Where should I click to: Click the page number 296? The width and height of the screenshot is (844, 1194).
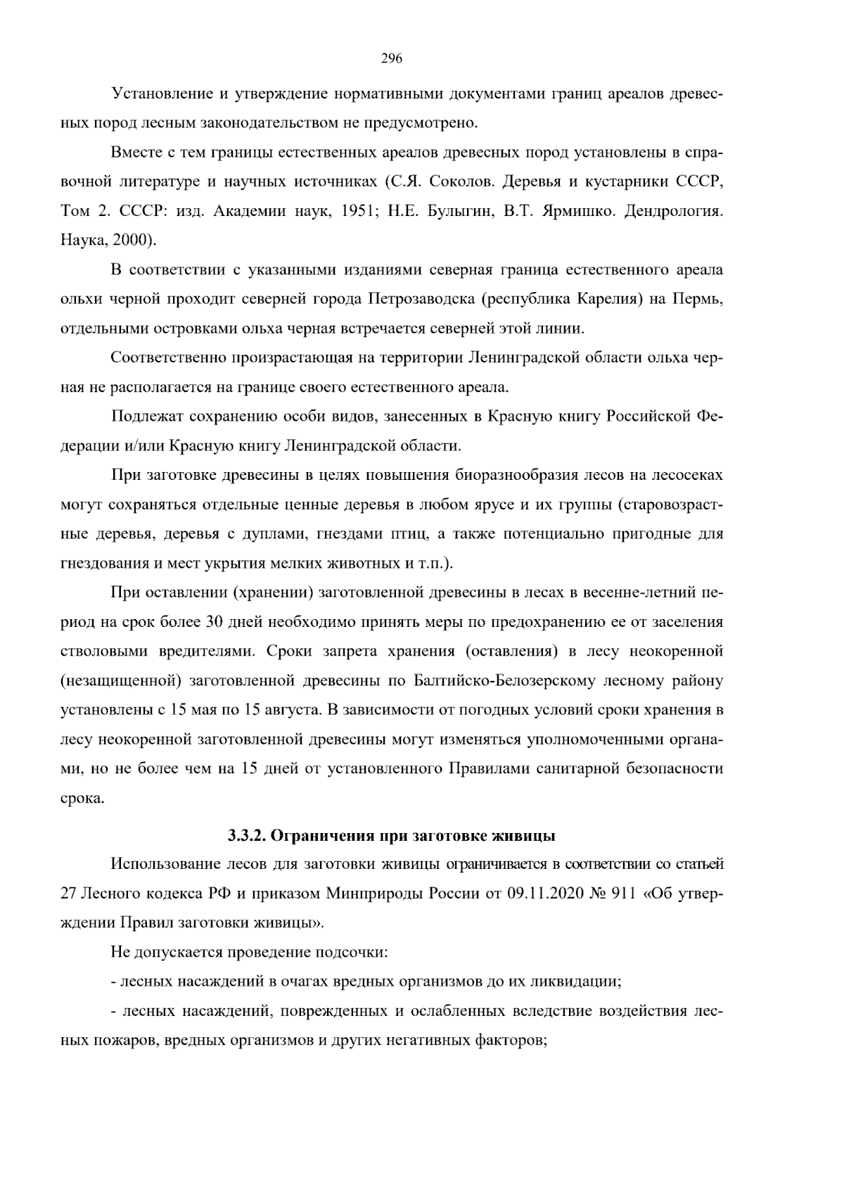[x=391, y=59]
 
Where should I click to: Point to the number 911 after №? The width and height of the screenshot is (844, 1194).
[x=622, y=894]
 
